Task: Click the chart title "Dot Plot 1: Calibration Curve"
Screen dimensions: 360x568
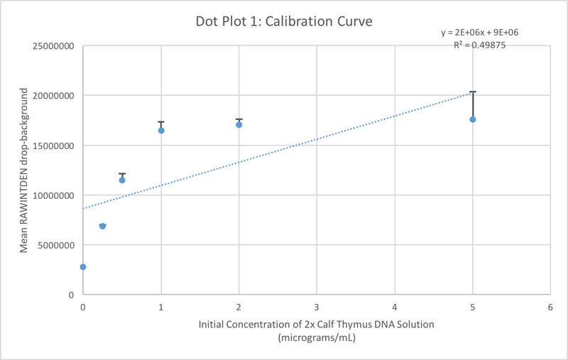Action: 283,21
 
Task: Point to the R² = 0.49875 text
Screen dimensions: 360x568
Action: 480,45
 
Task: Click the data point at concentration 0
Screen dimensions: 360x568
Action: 83,267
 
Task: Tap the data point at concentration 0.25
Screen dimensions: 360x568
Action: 102,226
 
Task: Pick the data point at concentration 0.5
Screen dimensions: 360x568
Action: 122,180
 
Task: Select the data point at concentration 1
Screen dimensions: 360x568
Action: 161,131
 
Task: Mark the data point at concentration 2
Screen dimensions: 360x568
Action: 239,124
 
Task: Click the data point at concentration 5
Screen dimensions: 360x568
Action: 473,119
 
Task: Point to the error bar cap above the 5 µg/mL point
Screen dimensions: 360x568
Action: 473,92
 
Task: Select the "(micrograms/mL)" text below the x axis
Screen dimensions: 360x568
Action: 317,337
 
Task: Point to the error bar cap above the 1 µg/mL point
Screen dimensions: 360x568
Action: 161,121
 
